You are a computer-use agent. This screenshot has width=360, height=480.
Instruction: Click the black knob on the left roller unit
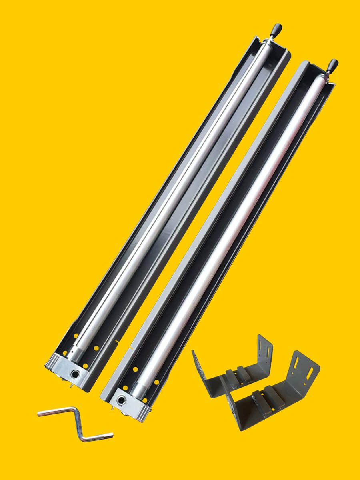[276, 29]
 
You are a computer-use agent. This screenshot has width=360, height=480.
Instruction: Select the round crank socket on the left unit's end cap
[75, 374]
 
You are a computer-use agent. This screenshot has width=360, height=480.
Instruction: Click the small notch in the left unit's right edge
[117, 341]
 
